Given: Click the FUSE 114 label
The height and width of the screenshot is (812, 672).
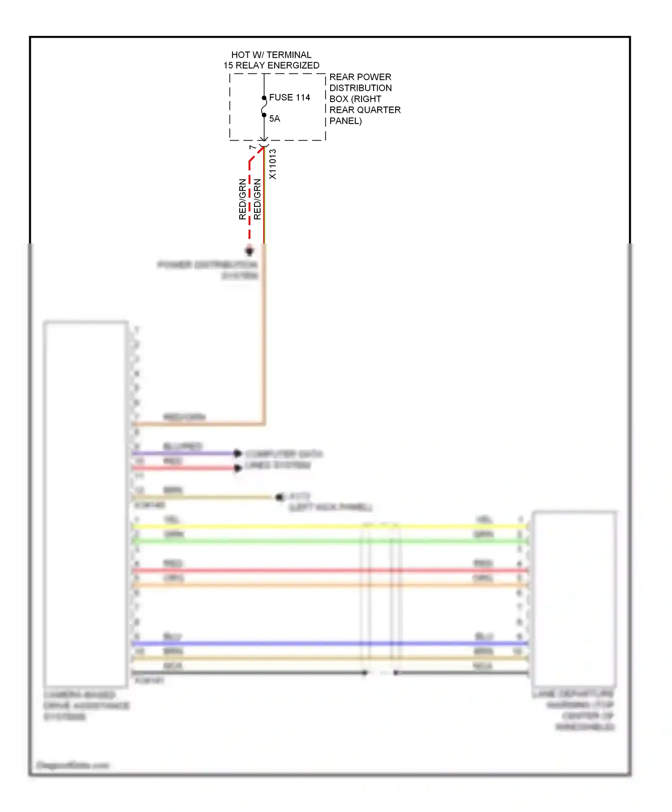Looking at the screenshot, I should tap(289, 98).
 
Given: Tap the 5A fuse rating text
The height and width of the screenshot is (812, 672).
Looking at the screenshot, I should tap(275, 119).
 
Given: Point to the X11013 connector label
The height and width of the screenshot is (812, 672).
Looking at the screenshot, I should tap(272, 164).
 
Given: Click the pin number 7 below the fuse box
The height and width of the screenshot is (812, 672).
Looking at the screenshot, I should tap(253, 147).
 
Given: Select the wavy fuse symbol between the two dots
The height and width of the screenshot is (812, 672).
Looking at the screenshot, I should tap(264, 107).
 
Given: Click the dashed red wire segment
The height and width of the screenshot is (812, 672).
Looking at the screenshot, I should tap(250, 201).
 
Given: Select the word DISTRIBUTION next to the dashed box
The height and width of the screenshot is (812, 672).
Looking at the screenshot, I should tap(361, 88).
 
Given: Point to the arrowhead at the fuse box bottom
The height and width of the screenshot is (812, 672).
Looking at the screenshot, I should tap(264, 139).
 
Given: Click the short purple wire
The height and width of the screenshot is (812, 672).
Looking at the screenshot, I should tap(184, 453).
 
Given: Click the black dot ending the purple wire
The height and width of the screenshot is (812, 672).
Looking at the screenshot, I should tap(238, 453).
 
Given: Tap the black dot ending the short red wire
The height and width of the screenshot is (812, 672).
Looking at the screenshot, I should tap(238, 468).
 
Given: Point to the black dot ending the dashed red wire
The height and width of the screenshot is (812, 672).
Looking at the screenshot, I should tap(250, 251).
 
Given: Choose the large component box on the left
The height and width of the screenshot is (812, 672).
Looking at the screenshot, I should tap(85, 504).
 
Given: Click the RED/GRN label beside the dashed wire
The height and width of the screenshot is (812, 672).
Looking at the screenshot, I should tap(242, 199).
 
